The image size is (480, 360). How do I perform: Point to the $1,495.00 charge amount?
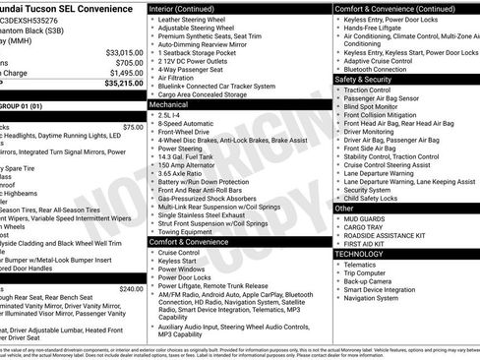126,73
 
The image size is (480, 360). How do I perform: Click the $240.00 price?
131,288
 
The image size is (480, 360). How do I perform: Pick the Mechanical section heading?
169,102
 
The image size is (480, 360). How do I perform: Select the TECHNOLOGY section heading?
360,254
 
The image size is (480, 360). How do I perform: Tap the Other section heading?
344,209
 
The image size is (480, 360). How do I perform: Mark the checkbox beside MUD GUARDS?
338,219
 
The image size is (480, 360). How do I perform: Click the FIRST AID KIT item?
370,243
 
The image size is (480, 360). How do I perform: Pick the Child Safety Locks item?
379,198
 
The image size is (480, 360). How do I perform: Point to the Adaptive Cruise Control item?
384,61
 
